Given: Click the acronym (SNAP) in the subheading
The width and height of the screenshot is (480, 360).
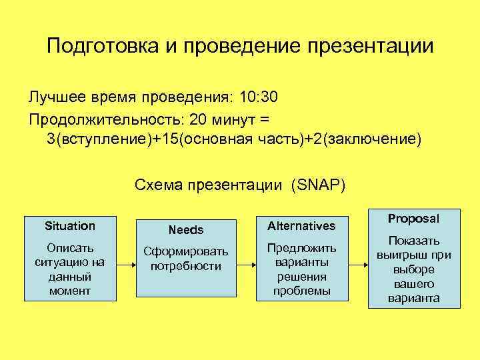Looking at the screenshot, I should point(317,184).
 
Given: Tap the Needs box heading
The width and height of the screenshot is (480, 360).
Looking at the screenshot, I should point(186,230).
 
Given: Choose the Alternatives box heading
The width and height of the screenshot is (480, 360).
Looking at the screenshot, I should point(301,226).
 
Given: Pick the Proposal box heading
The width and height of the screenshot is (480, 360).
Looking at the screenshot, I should point(413,219).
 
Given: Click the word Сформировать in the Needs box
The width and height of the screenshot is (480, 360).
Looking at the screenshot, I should point(186,252).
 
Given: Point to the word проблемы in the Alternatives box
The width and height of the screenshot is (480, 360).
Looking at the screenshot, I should point(301,291).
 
